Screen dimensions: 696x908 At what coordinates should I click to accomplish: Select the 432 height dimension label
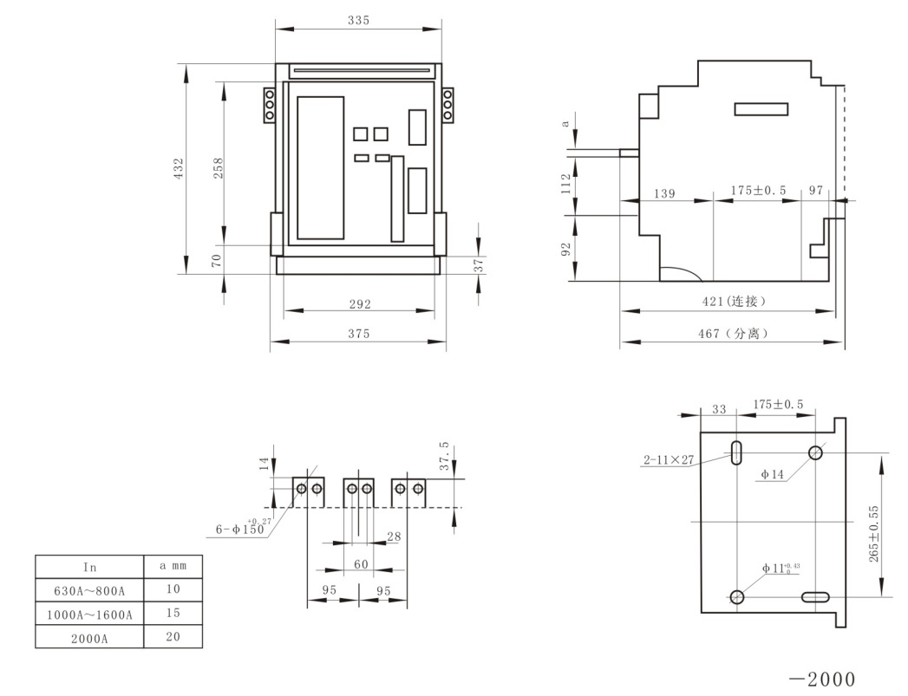pyautogui.click(x=178, y=167)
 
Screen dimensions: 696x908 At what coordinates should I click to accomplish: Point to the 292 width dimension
pyautogui.click(x=360, y=303)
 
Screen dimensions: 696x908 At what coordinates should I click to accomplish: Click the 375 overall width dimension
pyautogui.click(x=359, y=333)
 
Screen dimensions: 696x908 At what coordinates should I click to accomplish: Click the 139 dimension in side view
pyautogui.click(x=664, y=193)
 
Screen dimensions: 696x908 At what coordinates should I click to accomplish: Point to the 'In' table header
pyautogui.click(x=89, y=568)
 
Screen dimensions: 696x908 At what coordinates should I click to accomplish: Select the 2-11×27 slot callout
pyautogui.click(x=668, y=460)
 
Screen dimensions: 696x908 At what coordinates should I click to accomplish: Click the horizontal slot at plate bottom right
pyautogui.click(x=816, y=596)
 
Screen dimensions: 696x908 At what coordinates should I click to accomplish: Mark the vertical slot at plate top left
pyautogui.click(x=735, y=452)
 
